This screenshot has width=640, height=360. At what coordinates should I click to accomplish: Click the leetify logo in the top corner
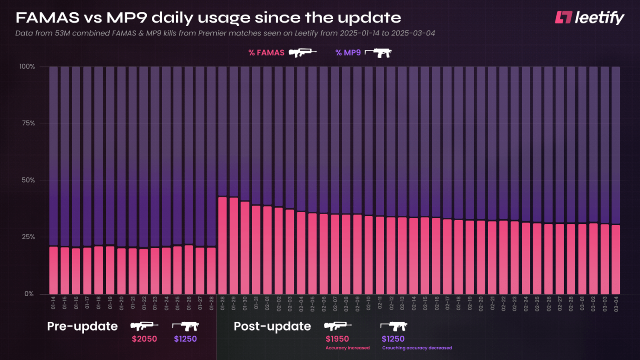(589, 17)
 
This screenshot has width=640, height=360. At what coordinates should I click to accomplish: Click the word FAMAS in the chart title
(47, 18)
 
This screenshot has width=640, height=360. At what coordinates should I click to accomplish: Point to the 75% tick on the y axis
(28, 123)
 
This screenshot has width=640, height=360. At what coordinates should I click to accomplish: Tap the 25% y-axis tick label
(28, 237)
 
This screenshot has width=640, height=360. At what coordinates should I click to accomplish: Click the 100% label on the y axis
(27, 67)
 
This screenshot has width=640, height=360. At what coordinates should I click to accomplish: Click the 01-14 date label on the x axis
(53, 303)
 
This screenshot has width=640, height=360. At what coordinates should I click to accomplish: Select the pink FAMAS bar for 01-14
(53, 270)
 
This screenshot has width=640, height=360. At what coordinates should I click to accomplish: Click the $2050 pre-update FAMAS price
(144, 339)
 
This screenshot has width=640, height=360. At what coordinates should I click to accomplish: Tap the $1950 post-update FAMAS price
(337, 339)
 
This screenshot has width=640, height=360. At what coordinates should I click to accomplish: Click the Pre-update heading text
(82, 326)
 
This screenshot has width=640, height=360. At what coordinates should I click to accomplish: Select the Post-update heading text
(272, 326)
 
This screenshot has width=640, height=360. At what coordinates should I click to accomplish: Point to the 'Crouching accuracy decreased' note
(417, 348)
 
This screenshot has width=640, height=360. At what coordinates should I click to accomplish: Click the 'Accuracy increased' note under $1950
(347, 348)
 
